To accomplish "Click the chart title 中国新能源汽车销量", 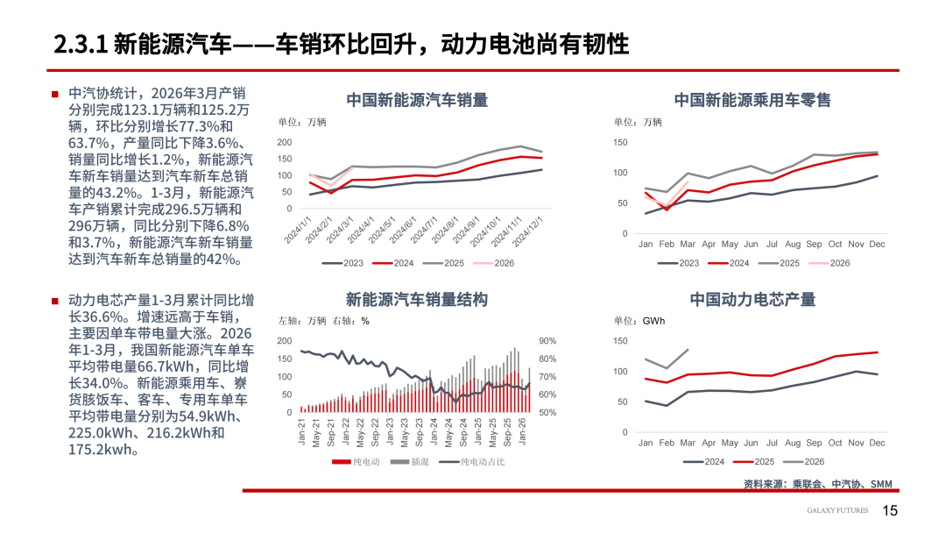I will (417, 100).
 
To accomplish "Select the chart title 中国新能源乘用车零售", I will (752, 100).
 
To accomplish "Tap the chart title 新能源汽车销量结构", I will (417, 300).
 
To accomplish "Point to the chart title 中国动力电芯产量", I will (752, 300).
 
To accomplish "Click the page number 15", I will (890, 511).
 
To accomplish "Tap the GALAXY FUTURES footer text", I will (837, 511).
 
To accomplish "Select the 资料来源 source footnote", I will (817, 484).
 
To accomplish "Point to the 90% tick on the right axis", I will (547, 341).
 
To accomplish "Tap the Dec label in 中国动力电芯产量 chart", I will (877, 443).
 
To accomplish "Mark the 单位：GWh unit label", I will (639, 321).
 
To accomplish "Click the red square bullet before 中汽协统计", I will (54, 94).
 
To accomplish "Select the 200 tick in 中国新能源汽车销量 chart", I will (284, 142).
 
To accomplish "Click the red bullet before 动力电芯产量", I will (54, 301).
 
